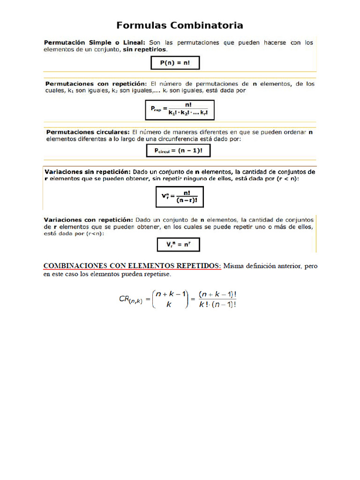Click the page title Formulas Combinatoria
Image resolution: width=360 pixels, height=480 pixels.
point(180,25)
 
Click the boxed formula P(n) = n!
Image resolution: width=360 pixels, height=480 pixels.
point(172,62)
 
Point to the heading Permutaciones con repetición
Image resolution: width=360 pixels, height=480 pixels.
point(96,84)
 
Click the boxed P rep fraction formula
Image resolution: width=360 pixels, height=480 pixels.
point(180,110)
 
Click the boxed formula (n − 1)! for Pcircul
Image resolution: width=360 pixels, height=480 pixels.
point(179,150)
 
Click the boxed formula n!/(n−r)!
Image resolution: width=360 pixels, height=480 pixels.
point(180,196)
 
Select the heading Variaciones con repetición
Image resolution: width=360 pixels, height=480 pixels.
point(88,219)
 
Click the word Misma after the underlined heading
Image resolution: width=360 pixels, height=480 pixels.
point(233,266)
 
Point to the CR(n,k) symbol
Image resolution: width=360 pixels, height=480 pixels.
point(134,299)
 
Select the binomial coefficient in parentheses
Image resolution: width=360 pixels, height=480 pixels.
point(170,299)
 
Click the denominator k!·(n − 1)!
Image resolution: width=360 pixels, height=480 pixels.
point(217,304)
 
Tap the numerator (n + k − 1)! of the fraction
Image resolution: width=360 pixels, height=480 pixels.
point(217,294)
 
